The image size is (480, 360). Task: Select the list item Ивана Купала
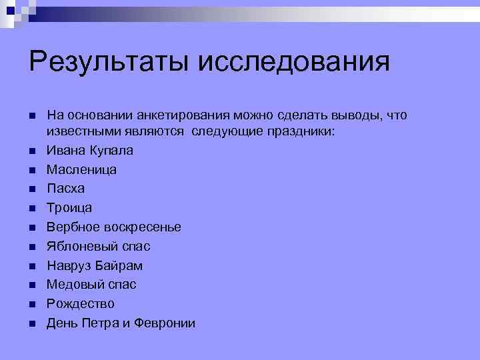(89, 151)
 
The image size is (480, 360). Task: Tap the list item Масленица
(81, 170)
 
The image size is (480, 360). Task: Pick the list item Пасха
(65, 189)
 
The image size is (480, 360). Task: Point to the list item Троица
(69, 208)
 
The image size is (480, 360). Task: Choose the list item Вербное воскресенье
(113, 227)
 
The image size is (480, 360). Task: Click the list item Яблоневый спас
(98, 247)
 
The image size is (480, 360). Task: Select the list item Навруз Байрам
(94, 266)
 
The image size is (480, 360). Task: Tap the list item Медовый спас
(91, 285)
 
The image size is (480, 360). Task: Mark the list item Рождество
(80, 304)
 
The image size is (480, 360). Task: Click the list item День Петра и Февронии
(121, 323)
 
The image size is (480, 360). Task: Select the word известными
(79, 132)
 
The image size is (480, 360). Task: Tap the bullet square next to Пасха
(31, 189)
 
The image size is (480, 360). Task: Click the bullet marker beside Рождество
(31, 305)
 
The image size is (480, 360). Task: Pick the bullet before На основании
(31, 116)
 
